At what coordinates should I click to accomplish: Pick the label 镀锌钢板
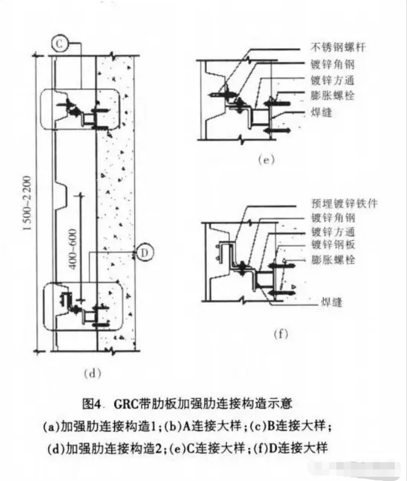click(x=333, y=245)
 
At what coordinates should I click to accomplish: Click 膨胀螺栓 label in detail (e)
click(x=333, y=96)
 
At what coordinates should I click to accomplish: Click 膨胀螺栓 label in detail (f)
click(x=333, y=259)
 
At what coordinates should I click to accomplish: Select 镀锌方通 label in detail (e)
click(x=333, y=80)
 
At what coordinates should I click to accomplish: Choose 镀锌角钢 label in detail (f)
click(x=333, y=217)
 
